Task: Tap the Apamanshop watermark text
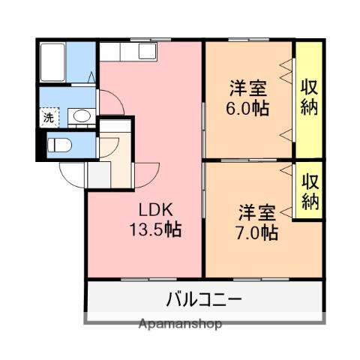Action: point(180,324)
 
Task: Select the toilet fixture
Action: point(59,144)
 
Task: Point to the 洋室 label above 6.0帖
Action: point(248,87)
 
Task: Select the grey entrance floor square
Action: point(97,174)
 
